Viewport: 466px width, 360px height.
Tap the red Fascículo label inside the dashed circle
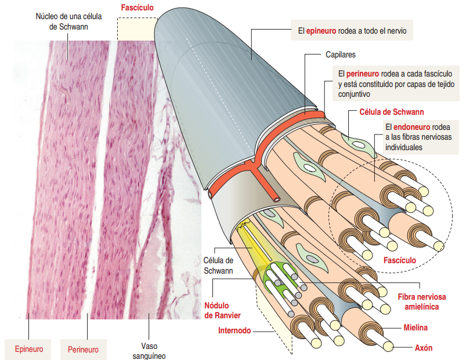click(x=400, y=260)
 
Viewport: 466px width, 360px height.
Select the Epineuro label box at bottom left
click(x=29, y=349)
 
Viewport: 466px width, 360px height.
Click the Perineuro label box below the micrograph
click(x=83, y=349)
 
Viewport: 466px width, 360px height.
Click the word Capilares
click(x=340, y=55)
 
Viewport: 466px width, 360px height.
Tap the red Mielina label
click(x=416, y=328)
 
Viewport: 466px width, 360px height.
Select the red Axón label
click(x=424, y=348)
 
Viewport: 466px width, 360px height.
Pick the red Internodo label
click(x=234, y=331)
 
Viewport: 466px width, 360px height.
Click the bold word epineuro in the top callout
click(x=323, y=31)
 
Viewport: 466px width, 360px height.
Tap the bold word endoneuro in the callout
click(x=413, y=127)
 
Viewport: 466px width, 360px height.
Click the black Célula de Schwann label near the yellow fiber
click(x=218, y=266)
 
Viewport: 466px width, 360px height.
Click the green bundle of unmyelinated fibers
click(x=284, y=278)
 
